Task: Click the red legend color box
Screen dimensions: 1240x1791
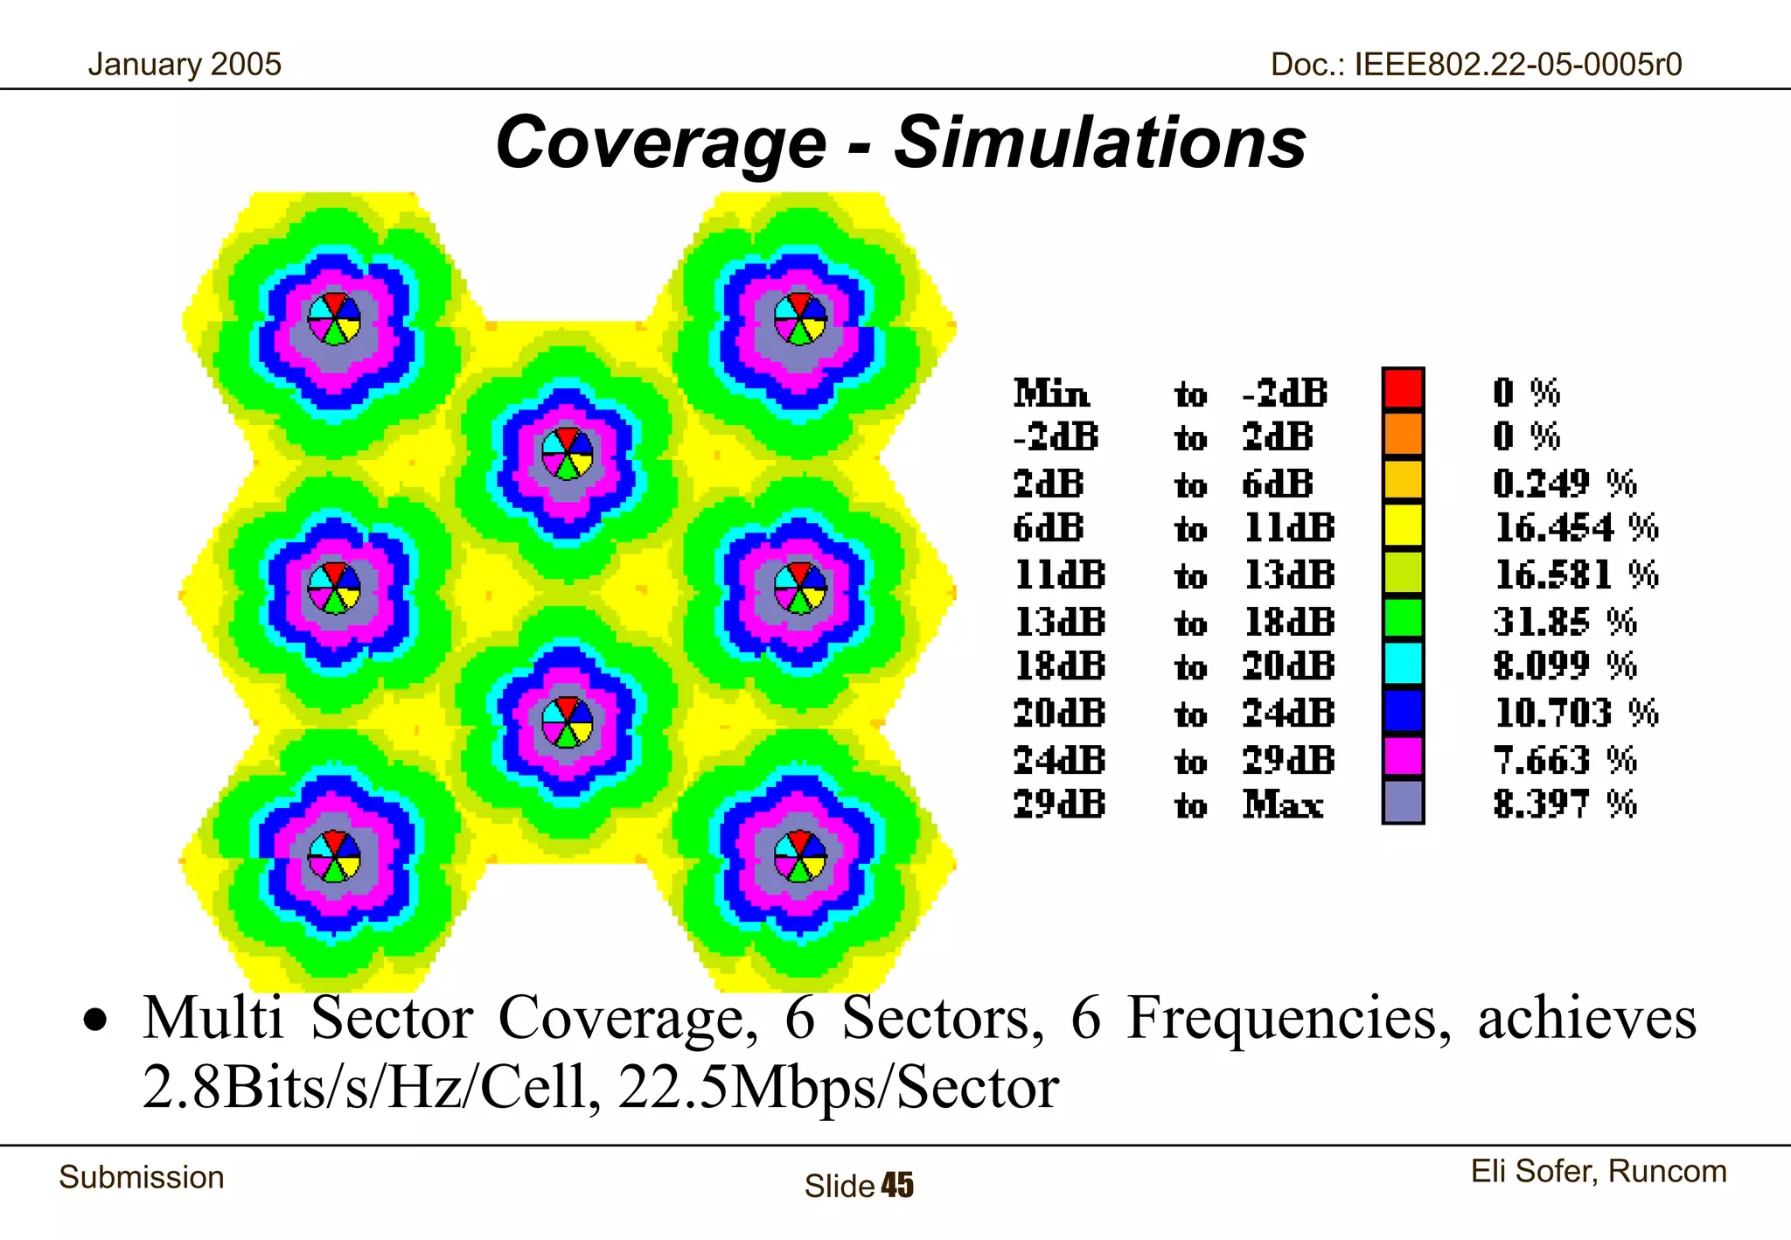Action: pyautogui.click(x=1403, y=388)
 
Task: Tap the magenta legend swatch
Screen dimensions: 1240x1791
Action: pyautogui.click(x=1403, y=756)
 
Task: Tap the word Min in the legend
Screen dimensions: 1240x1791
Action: pyautogui.click(x=1051, y=394)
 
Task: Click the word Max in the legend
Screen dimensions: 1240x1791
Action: pyautogui.click(x=1283, y=804)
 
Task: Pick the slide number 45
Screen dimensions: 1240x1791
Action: pyautogui.click(x=897, y=1186)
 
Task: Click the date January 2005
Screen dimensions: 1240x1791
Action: pyautogui.click(x=185, y=65)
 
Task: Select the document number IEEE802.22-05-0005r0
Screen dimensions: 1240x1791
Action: pyautogui.click(x=1517, y=65)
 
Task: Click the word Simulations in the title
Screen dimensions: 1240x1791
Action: pyautogui.click(x=1099, y=143)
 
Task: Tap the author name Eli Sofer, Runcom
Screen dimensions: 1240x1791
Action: pyautogui.click(x=1598, y=1171)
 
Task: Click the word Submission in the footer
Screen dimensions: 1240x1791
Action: pyautogui.click(x=142, y=1177)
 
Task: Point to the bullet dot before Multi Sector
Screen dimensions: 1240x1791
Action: pyautogui.click(x=95, y=1021)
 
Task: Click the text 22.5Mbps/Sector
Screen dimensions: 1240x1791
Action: pyautogui.click(x=838, y=1088)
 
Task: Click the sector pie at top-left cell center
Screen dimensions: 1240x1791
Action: pyautogui.click(x=334, y=318)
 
